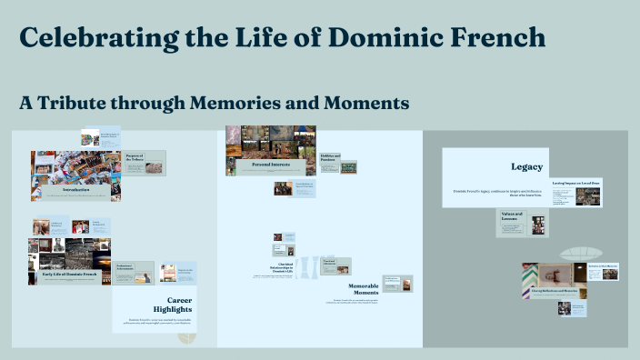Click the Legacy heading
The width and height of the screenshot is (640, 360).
[x=526, y=166]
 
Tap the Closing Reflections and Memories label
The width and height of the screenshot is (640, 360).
[x=555, y=290]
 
